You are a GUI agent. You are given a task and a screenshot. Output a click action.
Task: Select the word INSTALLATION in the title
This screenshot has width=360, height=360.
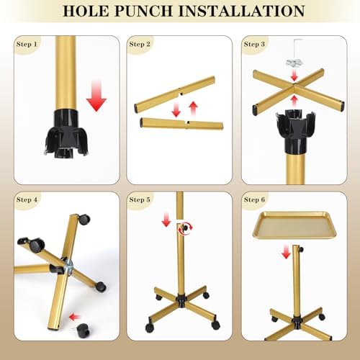[242, 11]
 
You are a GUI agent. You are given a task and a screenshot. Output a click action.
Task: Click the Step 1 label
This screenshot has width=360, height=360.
[27, 44]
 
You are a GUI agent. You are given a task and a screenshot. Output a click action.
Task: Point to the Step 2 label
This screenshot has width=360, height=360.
[140, 44]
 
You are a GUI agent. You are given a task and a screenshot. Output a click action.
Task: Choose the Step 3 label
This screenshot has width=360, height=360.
[254, 44]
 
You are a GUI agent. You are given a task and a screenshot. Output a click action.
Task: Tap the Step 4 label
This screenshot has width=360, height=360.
[27, 199]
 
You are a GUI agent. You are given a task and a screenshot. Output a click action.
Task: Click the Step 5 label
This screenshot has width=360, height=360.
[140, 199]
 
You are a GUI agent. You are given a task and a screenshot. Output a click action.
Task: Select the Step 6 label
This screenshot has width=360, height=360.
[254, 199]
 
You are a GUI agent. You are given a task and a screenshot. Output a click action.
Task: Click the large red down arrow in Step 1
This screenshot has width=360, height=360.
[96, 96]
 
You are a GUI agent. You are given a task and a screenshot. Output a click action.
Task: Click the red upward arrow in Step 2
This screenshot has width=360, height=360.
[193, 108]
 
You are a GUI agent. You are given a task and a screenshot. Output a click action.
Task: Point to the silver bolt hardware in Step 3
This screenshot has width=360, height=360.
[294, 63]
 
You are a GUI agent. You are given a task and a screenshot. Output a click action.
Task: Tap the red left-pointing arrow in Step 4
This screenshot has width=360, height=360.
[75, 318]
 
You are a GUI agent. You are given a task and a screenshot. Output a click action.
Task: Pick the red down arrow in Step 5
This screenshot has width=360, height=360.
[166, 220]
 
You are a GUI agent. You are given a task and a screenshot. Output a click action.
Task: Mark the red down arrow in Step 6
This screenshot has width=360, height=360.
[286, 252]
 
